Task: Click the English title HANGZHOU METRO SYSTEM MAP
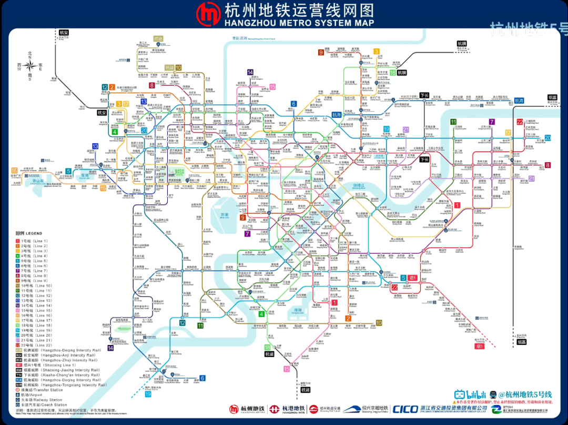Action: [x=299, y=23]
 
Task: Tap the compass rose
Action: [x=30, y=66]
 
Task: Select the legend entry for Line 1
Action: [x=34, y=241]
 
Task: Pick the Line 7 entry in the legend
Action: [x=34, y=271]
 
